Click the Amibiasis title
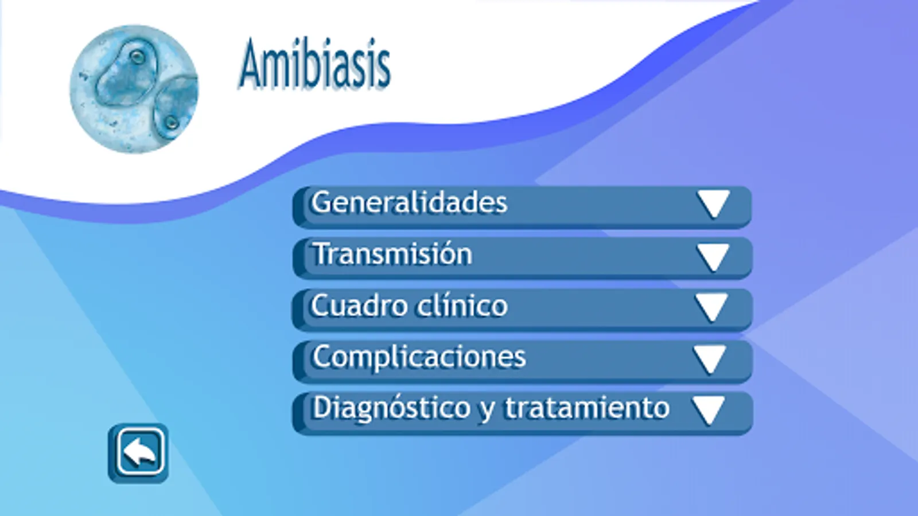314,64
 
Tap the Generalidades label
409,202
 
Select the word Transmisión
392,253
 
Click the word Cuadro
359,306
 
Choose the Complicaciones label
419,357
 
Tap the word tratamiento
587,408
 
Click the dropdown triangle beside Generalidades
714,204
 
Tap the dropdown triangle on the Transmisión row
714,257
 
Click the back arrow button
138,454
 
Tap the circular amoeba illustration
134,89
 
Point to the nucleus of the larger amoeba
137,56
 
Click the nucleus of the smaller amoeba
172,122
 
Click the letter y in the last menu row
487,411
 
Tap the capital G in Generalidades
322,202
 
